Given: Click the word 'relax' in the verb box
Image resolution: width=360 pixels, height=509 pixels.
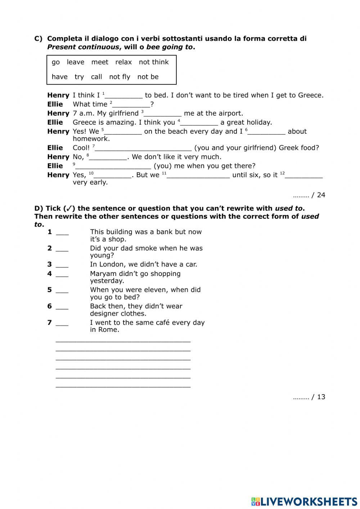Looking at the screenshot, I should tap(123, 62).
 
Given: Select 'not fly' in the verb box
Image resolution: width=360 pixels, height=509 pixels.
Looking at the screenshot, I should tap(120, 77).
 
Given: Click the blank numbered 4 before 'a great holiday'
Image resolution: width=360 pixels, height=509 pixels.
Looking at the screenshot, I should tap(199, 123).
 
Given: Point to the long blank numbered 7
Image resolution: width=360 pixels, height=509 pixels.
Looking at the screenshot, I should tap(143, 148).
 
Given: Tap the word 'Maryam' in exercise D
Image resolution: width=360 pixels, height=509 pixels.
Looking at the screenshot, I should tap(102, 274).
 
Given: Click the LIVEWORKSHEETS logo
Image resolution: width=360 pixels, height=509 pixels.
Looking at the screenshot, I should tap(304, 501).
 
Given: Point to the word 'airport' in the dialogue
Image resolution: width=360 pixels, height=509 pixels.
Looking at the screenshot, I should tap(230, 113).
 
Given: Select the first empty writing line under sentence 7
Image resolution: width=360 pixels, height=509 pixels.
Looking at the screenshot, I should tap(123, 340).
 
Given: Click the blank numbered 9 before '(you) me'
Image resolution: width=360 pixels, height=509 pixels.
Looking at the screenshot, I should tap(113, 166).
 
